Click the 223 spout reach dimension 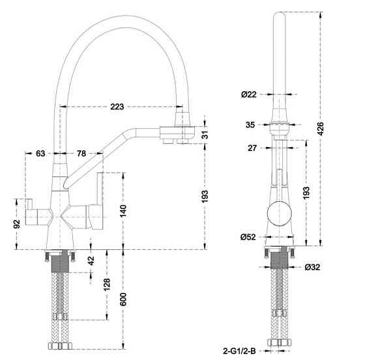click(117, 107)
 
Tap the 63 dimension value click(40, 154)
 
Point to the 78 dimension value click(82, 154)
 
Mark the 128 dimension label click(106, 284)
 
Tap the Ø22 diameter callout click(248, 95)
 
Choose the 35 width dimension click(251, 124)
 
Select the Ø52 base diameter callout click(248, 236)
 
